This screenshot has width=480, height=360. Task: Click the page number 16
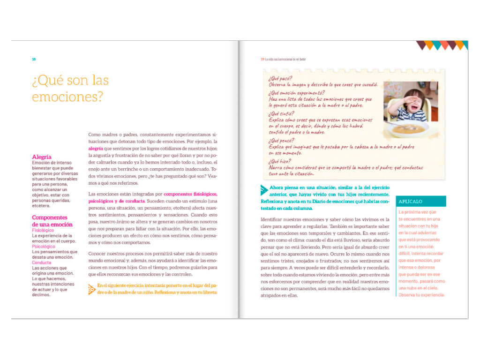tap(34, 59)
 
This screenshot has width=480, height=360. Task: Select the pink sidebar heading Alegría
tap(42, 157)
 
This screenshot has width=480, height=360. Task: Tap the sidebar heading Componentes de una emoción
tap(52, 221)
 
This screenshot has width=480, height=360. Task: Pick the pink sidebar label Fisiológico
tap(43, 231)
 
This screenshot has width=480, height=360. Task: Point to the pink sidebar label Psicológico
tap(44, 247)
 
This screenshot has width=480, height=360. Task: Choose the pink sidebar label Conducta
tap(42, 262)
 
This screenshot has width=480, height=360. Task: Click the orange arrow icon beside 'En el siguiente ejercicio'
tap(91, 289)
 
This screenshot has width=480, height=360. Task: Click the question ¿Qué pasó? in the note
tap(280, 78)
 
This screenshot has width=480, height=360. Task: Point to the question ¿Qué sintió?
tap(282, 113)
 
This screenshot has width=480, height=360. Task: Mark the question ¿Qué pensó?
tap(282, 140)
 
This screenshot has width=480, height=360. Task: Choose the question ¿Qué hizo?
tap(280, 160)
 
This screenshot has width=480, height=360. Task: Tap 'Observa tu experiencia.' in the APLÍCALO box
tap(421, 295)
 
